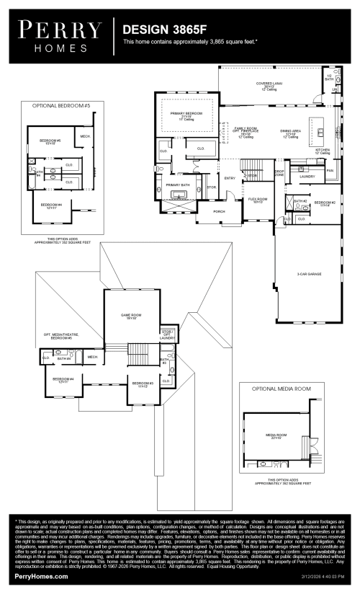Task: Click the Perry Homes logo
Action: (x=60, y=34)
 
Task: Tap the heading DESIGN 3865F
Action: (x=157, y=31)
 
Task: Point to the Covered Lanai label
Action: (x=270, y=85)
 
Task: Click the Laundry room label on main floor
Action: (x=307, y=176)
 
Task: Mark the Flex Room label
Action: (x=258, y=199)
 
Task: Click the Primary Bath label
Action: (x=177, y=185)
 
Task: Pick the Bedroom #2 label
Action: (x=325, y=203)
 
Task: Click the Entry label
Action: (x=230, y=178)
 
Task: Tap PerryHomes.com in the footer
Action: (x=42, y=577)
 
